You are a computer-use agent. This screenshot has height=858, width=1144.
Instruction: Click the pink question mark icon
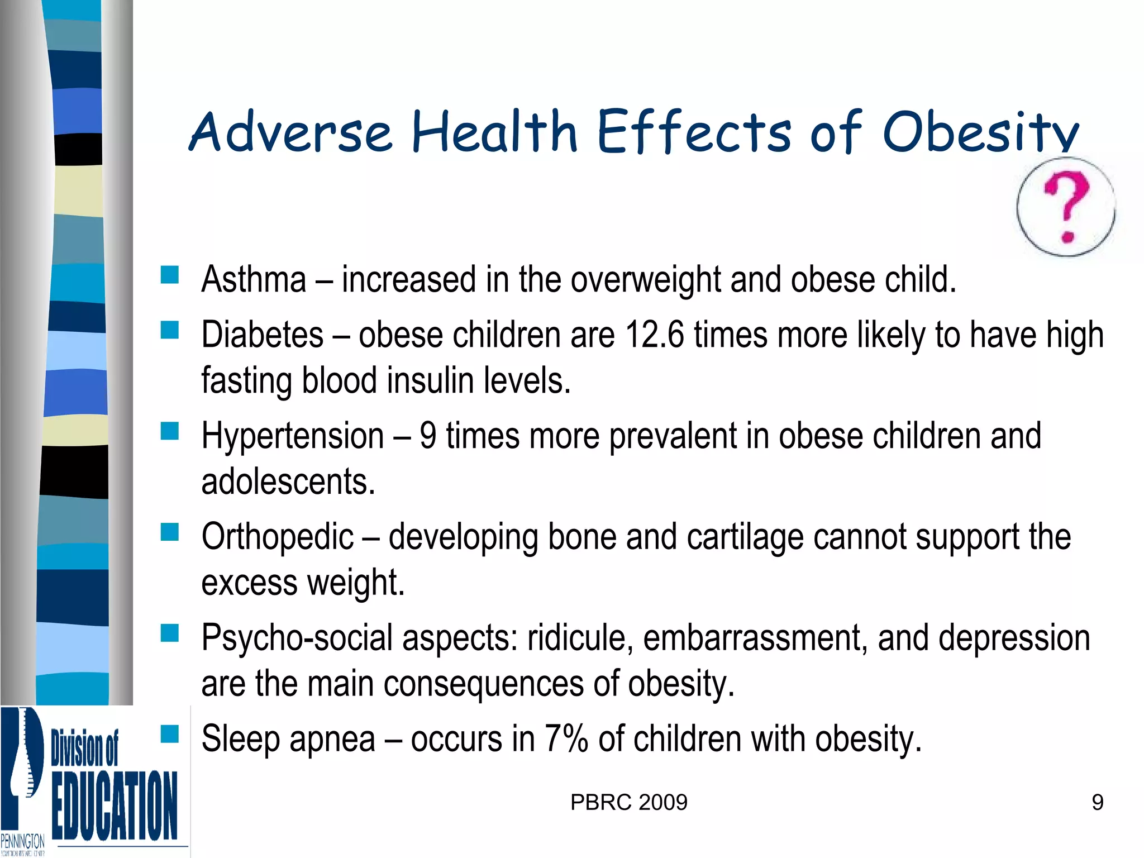(1066, 206)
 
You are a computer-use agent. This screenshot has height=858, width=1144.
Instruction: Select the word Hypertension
(293, 436)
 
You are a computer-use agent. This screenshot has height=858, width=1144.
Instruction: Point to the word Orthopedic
(278, 537)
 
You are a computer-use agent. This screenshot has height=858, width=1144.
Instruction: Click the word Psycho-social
(297, 638)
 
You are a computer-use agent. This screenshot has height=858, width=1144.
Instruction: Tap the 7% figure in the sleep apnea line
(566, 738)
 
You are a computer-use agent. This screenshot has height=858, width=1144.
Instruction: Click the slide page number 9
(1097, 803)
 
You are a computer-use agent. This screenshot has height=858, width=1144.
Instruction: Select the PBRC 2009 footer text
(628, 803)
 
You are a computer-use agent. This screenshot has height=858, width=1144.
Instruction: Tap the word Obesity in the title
(980, 132)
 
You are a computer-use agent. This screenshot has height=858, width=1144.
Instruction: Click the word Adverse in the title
(290, 132)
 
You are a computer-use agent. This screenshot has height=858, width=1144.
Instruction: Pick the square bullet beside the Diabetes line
(169, 330)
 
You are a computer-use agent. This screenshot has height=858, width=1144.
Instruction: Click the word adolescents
(288, 482)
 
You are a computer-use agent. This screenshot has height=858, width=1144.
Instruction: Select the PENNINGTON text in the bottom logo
(23, 841)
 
